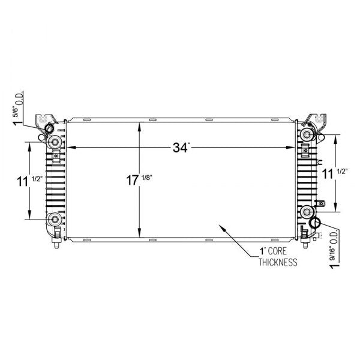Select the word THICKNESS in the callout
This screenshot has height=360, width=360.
pyautogui.click(x=278, y=262)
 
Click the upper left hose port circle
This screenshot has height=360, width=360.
pyautogui.click(x=50, y=128)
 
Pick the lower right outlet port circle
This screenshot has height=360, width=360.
pyautogui.click(x=316, y=224)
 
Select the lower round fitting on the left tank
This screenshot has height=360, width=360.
pyautogui.click(x=55, y=219)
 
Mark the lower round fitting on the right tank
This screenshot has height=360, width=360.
pyautogui.click(x=307, y=211)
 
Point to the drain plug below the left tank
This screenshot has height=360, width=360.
pyautogui.click(x=56, y=244)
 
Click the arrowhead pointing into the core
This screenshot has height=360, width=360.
pyautogui.click(x=222, y=227)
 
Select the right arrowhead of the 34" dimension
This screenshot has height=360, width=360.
pyautogui.click(x=292, y=148)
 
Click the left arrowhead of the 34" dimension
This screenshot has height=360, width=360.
pyautogui.click(x=68, y=148)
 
